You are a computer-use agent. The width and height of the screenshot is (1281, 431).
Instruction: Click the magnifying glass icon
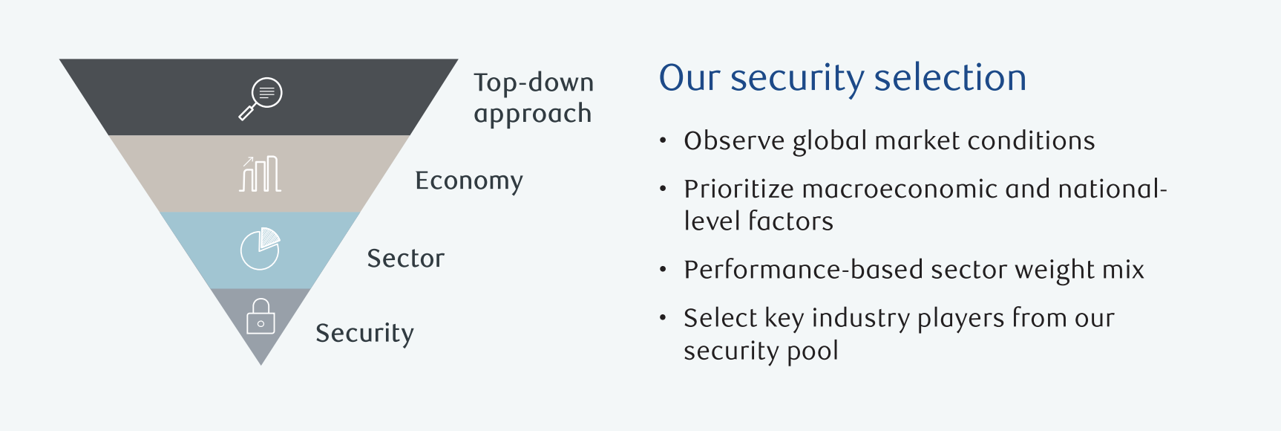pyautogui.click(x=261, y=98)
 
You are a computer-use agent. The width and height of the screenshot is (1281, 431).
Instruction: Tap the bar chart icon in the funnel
pyautogui.click(x=260, y=174)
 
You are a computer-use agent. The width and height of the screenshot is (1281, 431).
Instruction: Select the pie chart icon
pyautogui.click(x=261, y=249)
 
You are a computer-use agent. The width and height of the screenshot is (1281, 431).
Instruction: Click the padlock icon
pyautogui.click(x=261, y=317)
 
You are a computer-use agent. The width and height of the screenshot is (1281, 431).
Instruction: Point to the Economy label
pyautogui.click(x=469, y=181)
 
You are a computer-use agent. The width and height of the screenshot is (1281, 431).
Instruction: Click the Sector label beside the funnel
pyautogui.click(x=405, y=258)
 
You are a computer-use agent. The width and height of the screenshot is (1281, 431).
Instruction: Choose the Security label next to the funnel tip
pyautogui.click(x=364, y=334)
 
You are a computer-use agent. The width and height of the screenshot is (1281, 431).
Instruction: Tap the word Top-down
pyautogui.click(x=534, y=82)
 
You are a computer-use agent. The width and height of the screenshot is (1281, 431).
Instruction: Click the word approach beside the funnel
pyautogui.click(x=533, y=114)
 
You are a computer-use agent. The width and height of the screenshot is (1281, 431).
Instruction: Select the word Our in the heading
pyautogui.click(x=689, y=78)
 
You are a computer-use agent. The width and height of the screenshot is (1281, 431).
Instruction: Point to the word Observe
pyautogui.click(x=734, y=140)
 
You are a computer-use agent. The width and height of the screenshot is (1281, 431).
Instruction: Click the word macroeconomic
pyautogui.click(x=900, y=189)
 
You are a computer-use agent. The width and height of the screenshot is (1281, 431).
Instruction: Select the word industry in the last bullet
pyautogui.click(x=861, y=319)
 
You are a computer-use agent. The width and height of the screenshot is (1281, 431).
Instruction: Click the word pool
pyautogui.click(x=813, y=351)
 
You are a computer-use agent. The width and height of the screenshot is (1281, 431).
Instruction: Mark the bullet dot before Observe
pyautogui.click(x=663, y=140)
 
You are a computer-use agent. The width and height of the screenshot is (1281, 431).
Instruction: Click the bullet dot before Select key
pyautogui.click(x=663, y=318)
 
